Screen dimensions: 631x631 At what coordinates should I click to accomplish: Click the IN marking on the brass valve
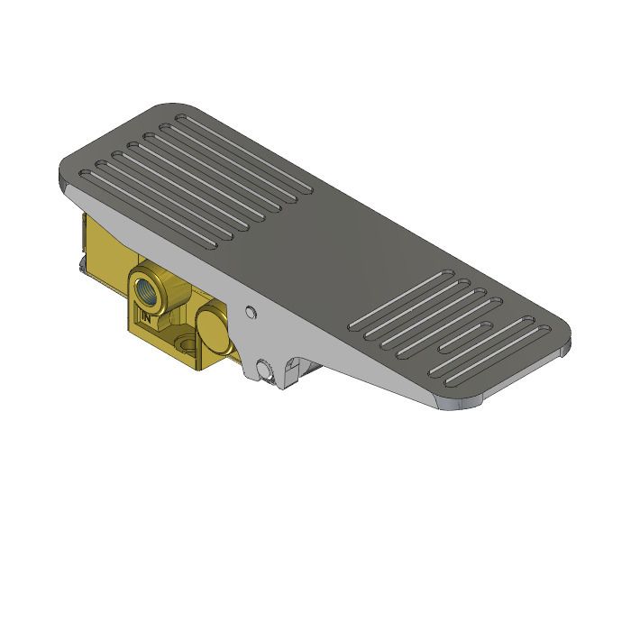(x=145, y=317)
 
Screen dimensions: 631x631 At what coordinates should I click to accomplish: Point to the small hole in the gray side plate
(x=251, y=313)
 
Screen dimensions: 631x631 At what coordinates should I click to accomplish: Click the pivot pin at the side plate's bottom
(x=263, y=370)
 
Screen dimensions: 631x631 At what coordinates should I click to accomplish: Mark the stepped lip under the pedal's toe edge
(x=469, y=403)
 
